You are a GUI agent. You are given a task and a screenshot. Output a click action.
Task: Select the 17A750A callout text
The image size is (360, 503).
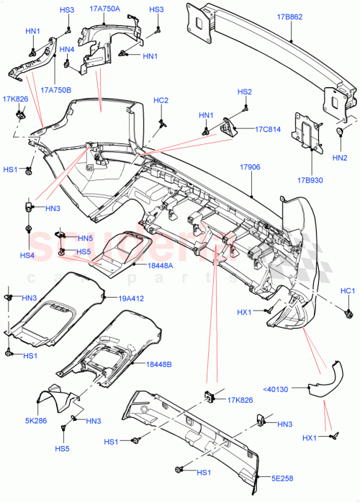point(105,9)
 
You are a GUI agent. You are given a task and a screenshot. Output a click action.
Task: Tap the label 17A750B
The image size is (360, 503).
point(56,90)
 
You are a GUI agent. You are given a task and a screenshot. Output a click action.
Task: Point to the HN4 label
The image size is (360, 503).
point(67,50)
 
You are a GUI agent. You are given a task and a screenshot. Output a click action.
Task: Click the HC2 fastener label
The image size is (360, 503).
point(161,100)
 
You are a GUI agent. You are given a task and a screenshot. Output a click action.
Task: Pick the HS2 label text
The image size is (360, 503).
point(245,92)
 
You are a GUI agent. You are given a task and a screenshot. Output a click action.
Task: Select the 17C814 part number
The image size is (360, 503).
point(267,130)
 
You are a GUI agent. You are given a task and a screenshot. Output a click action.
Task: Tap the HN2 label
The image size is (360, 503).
point(340,157)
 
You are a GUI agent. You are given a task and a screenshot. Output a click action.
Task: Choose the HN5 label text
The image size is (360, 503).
point(86,239)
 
